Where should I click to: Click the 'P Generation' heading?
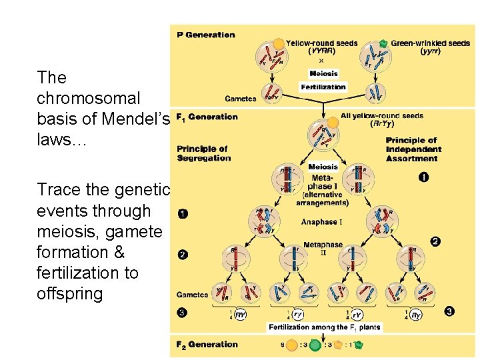(206, 35)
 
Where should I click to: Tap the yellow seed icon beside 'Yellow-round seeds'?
(279, 43)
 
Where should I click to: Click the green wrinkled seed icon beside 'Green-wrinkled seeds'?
(383, 43)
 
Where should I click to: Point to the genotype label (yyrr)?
(433, 51)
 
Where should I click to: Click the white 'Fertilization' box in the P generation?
(323, 87)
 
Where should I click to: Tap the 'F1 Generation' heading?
(207, 117)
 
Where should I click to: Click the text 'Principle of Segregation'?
(203, 153)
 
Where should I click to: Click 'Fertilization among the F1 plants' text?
(324, 327)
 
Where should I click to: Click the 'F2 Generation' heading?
(207, 345)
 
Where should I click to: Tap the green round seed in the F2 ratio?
(314, 345)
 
